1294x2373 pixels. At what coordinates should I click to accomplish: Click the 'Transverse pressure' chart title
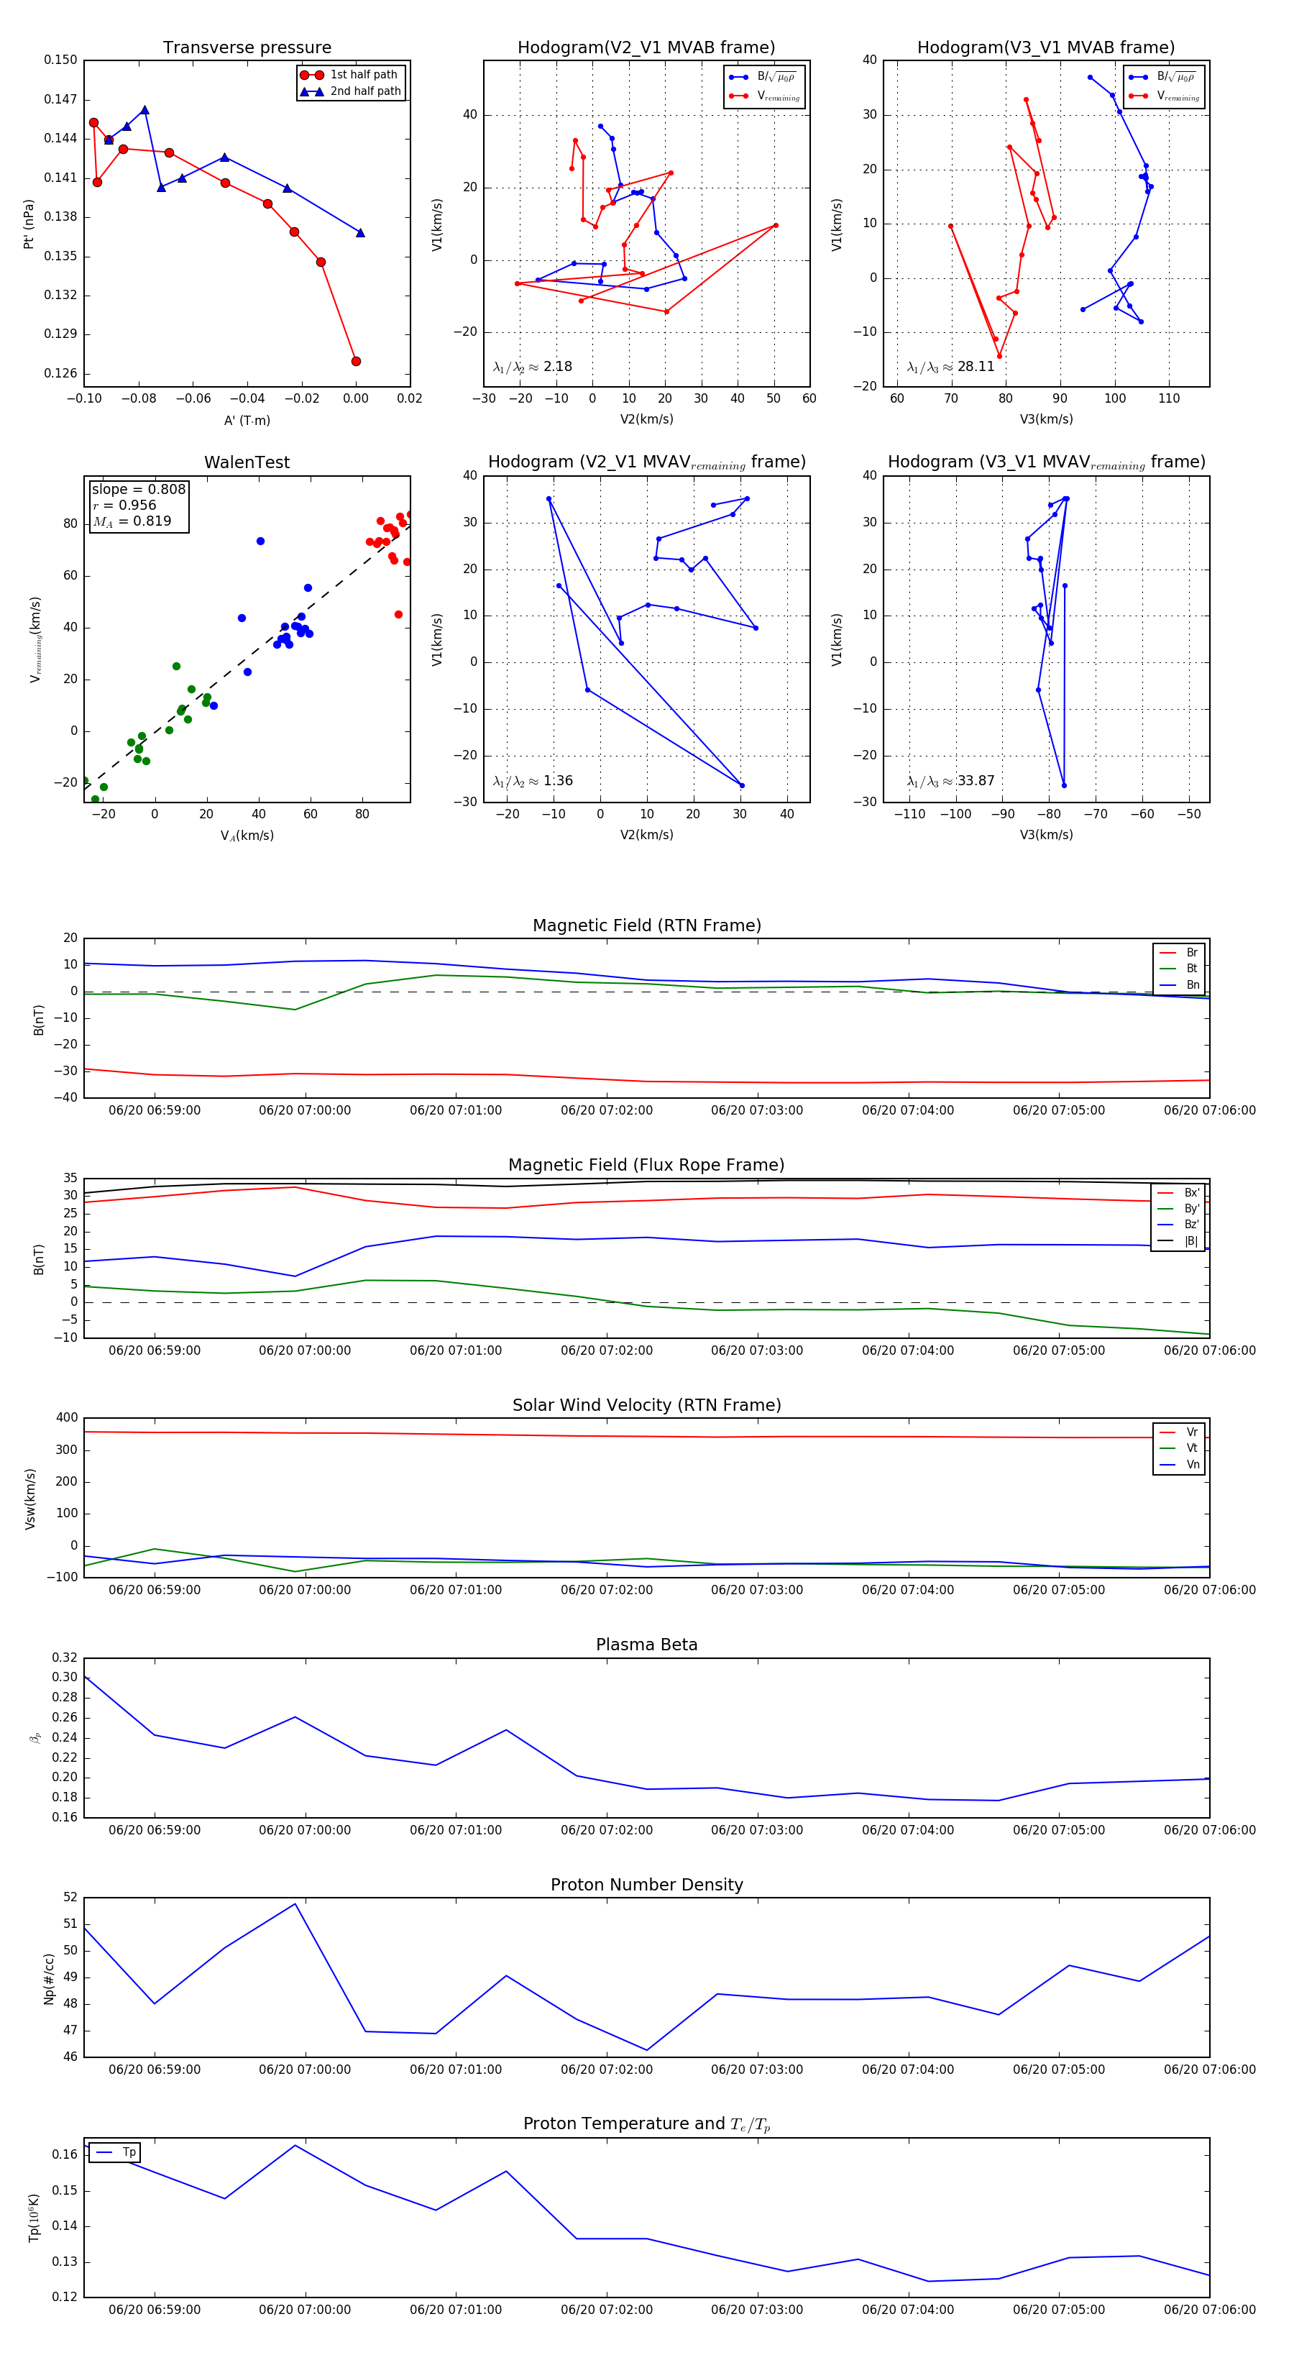[247, 48]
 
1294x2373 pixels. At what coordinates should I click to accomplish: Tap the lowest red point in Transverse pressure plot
[356, 361]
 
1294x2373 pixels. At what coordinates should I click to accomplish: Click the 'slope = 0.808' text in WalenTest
[138, 489]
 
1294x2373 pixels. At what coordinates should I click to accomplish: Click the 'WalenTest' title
[247, 462]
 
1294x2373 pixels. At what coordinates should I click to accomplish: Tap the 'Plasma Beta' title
[646, 1645]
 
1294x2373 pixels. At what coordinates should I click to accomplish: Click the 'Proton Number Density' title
[646, 1885]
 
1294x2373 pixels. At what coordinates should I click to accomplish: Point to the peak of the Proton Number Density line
[295, 1904]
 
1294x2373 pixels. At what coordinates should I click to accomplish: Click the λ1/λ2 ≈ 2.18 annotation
[532, 367]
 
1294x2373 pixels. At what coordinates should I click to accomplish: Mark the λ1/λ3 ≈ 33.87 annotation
[950, 781]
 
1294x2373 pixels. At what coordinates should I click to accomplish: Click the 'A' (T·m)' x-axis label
[247, 420]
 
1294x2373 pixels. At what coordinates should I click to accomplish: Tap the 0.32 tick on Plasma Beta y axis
[65, 1658]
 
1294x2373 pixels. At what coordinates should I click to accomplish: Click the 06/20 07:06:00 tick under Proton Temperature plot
[1209, 2310]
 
